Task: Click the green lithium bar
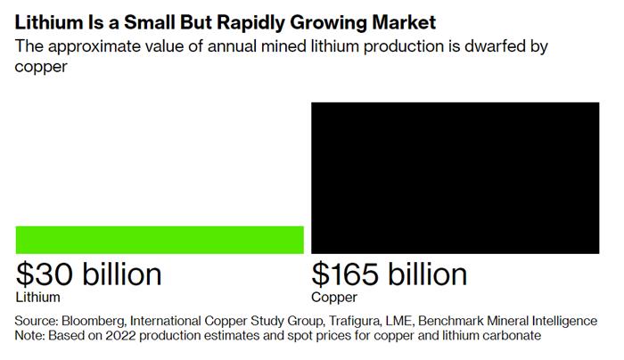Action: pyautogui.click(x=160, y=240)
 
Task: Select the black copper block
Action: pyautogui.click(x=455, y=177)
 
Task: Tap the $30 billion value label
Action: pyautogui.click(x=89, y=274)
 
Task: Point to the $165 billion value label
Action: pyautogui.click(x=390, y=274)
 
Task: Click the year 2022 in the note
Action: pyautogui.click(x=125, y=336)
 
